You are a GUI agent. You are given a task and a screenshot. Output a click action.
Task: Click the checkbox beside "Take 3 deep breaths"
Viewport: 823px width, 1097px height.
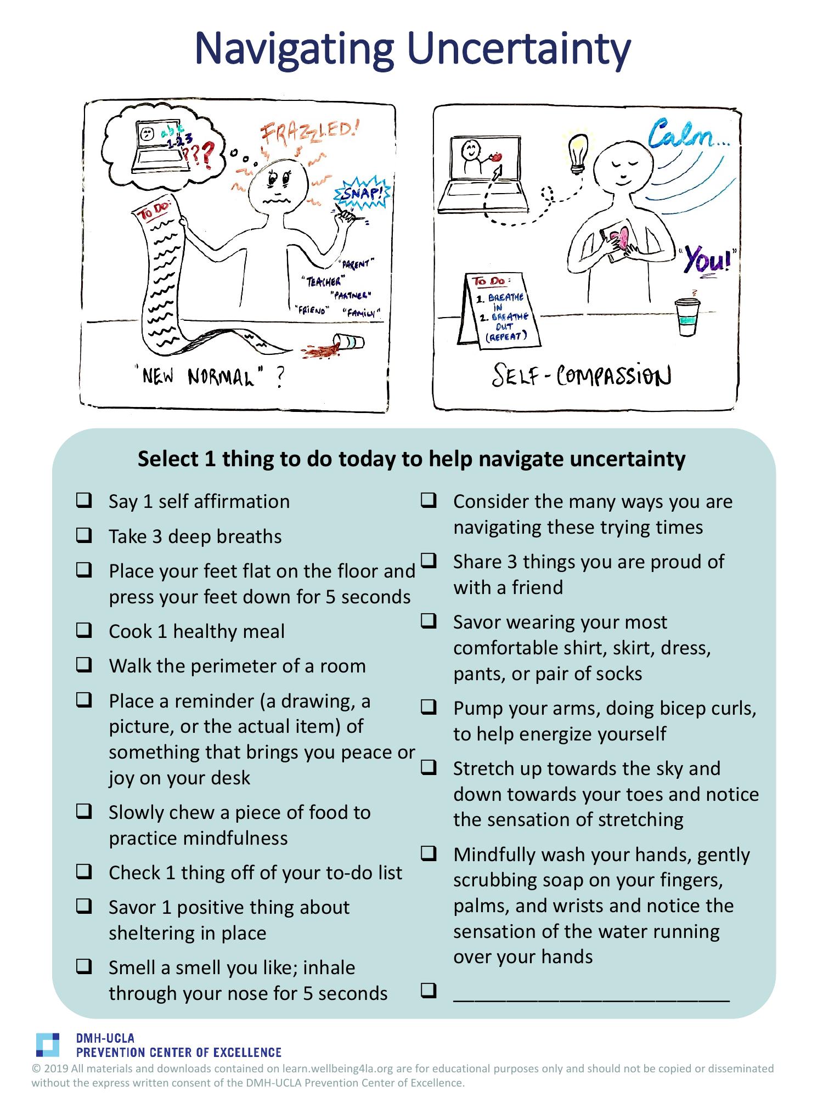[x=83, y=535]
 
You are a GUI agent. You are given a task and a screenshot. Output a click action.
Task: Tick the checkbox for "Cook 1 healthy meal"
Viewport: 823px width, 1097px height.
[x=83, y=631]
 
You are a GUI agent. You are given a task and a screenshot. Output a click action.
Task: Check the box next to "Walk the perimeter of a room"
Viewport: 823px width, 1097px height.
[x=83, y=665]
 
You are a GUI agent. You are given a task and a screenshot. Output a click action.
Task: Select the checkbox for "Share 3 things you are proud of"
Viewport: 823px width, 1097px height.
[x=429, y=561]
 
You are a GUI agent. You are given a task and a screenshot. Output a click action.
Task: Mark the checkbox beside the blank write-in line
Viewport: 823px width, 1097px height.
[x=429, y=989]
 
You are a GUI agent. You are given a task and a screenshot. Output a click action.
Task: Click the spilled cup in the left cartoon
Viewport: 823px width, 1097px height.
[x=349, y=342]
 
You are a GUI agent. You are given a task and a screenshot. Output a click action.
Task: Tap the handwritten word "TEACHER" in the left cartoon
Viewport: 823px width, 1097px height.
[x=323, y=281]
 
